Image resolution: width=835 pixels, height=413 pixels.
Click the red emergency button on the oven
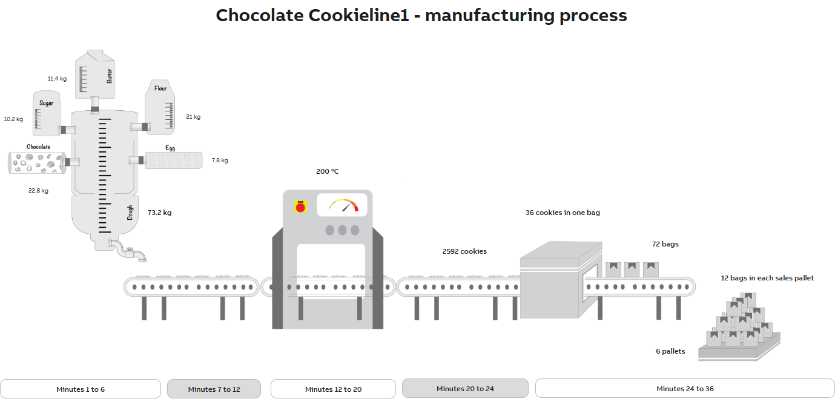[x=299, y=207]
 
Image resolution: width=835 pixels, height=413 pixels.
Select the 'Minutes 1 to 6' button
[x=81, y=389]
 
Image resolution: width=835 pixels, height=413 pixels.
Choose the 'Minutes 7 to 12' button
[x=214, y=389]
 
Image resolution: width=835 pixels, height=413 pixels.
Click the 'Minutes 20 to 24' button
[x=465, y=388]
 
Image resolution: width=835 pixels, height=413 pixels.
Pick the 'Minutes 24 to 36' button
[x=685, y=388]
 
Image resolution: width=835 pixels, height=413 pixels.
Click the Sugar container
[x=47, y=113]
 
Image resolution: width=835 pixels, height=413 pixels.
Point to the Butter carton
[x=94, y=74]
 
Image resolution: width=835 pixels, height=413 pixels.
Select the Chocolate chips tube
[x=37, y=162]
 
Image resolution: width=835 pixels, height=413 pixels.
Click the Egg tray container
[x=174, y=160]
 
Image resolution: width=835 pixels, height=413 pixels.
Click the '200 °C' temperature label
[x=328, y=171]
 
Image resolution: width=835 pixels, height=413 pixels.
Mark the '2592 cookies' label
[x=464, y=251]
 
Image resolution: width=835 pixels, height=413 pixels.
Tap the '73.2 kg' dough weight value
[x=159, y=213]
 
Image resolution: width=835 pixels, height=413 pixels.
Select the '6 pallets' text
[x=670, y=351]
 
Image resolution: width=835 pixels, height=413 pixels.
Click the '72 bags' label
[x=665, y=244]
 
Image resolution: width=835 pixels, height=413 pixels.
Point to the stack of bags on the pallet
[x=739, y=322]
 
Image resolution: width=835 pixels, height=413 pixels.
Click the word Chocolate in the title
[x=260, y=15]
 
